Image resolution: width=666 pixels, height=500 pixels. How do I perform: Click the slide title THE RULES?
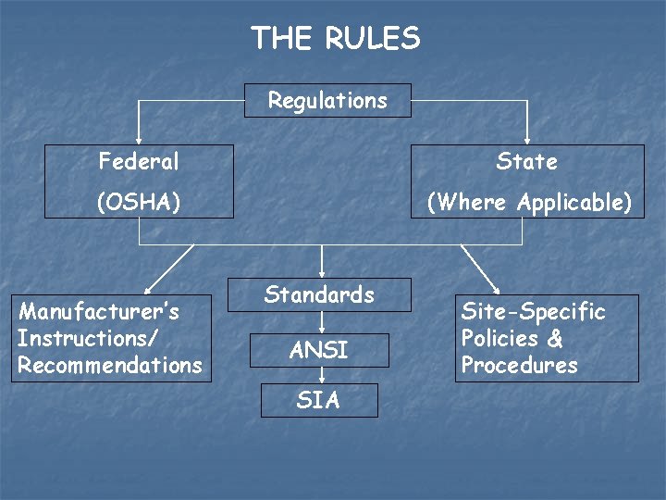click(x=335, y=38)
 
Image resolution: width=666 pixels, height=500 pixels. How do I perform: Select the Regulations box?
click(x=327, y=100)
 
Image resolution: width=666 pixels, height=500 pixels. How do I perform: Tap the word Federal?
click(x=139, y=161)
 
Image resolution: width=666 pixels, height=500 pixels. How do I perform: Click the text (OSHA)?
click(x=139, y=202)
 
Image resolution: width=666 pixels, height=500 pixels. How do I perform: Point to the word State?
click(x=526, y=161)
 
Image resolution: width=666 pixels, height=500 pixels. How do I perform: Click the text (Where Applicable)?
click(x=527, y=202)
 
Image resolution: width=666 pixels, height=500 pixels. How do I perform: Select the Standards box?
click(x=319, y=294)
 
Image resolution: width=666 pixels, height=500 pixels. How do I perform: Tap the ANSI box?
click(x=319, y=350)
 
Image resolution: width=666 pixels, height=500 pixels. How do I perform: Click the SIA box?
click(x=319, y=400)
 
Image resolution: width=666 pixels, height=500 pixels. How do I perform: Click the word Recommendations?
click(x=109, y=365)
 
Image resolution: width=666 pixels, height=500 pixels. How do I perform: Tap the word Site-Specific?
click(x=533, y=311)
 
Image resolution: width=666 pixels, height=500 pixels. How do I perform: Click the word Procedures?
click(x=519, y=365)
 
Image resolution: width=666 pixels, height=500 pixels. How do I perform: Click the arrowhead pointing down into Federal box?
click(x=139, y=140)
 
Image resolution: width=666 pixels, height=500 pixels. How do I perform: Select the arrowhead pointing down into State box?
click(x=527, y=140)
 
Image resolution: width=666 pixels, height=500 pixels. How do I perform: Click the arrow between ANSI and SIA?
click(x=320, y=375)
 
